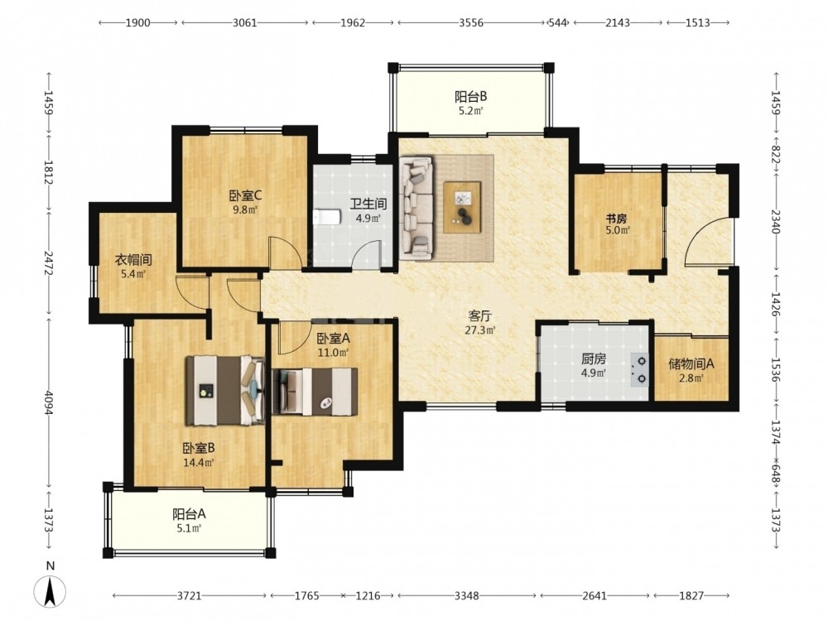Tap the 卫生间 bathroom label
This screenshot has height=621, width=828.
368,204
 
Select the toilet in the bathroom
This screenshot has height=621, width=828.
326,217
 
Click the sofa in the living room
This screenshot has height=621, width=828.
416,208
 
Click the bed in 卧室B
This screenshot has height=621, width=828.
225,390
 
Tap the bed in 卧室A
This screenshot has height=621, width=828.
315,392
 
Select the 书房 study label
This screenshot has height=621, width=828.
616,219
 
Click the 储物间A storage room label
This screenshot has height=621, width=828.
691,363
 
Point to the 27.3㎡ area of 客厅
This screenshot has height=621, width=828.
480,330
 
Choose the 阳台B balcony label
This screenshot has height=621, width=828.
470,97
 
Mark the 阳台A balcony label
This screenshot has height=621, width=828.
189,514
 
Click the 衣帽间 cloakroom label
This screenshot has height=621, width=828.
133,260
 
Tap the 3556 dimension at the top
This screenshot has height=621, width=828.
471,22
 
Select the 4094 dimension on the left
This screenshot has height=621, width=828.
49,403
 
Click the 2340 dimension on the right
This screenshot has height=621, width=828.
775,222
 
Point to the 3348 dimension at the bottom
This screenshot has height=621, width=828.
467,595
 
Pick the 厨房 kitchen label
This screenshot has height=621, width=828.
594,359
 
